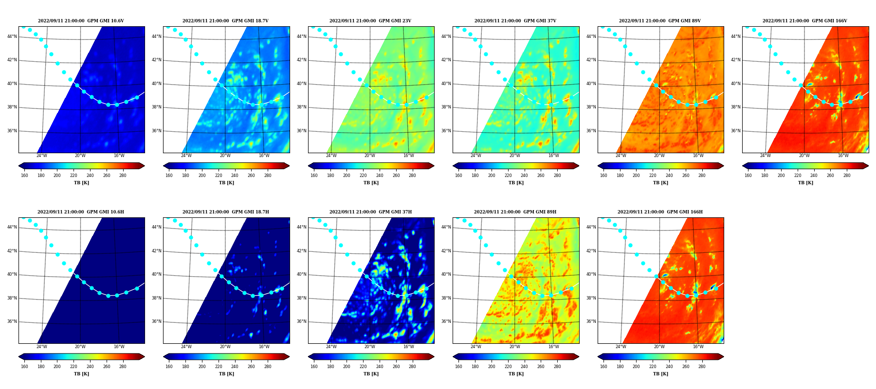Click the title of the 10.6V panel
tap(81, 21)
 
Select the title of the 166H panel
tap(660, 212)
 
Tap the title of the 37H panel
tap(370, 212)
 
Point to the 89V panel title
tap(660, 21)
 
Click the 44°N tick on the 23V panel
tap(302, 36)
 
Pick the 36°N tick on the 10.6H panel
tap(12, 321)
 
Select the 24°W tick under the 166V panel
tap(766, 156)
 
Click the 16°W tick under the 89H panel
tap(554, 347)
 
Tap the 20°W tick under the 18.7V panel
tap(225, 156)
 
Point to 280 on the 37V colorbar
tap(557, 176)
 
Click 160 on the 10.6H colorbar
tap(24, 367)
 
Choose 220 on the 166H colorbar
tap(653, 367)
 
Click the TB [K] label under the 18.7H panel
tap(226, 374)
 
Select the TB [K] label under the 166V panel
tap(805, 183)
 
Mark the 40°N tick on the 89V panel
tap(591, 84)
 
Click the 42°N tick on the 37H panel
tap(302, 251)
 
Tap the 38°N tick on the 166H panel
tap(591, 298)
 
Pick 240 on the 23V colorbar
tap(380, 176)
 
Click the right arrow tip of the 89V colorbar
tap(724, 166)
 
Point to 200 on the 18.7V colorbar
tap(202, 176)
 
